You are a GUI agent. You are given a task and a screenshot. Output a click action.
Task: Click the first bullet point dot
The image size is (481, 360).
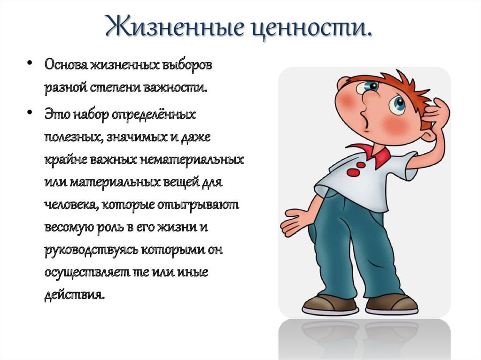[x=30, y=63]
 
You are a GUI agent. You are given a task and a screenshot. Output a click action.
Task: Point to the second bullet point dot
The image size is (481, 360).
[x=30, y=112]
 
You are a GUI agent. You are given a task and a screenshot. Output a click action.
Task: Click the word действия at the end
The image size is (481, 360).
[x=75, y=296]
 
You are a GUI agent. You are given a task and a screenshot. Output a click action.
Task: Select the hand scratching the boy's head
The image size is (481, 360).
[x=435, y=114]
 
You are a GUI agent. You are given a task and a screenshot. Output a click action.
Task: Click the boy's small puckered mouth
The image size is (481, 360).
[x=365, y=119]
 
